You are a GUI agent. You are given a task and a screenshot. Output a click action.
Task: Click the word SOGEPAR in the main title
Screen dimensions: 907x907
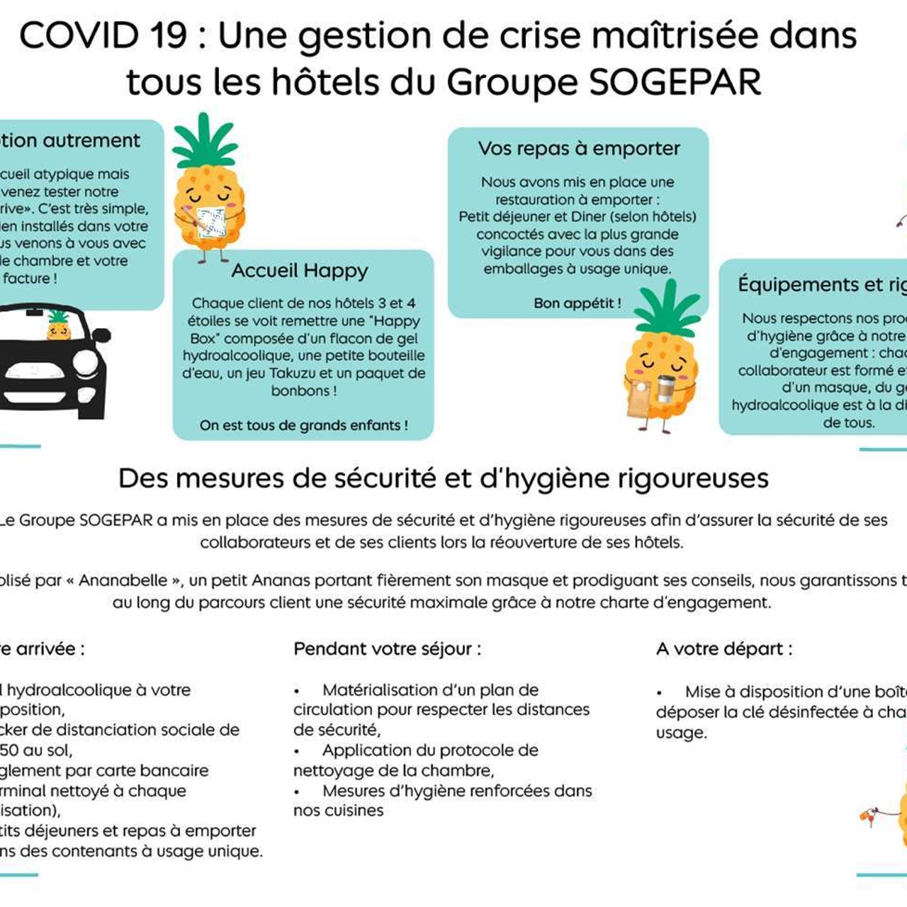click(675, 82)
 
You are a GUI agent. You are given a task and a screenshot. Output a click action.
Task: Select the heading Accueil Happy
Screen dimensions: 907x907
click(300, 271)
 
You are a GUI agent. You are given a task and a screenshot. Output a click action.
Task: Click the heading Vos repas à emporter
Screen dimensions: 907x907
click(578, 148)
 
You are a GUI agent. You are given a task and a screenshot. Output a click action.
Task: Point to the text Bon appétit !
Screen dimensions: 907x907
click(577, 303)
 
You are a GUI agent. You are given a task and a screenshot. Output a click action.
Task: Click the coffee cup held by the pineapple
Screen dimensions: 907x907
click(665, 389)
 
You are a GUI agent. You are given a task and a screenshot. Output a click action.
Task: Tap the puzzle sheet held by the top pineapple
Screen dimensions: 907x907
click(211, 221)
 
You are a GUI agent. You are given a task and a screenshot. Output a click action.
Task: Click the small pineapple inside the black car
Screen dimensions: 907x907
click(58, 325)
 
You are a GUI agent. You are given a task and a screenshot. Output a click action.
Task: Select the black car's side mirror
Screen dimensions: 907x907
click(101, 335)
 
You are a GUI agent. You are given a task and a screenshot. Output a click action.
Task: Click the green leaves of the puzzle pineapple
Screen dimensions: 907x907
click(205, 141)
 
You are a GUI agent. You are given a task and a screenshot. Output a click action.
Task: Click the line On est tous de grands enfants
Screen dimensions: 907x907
click(303, 426)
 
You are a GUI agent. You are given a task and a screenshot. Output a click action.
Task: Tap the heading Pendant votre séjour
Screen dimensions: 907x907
click(387, 649)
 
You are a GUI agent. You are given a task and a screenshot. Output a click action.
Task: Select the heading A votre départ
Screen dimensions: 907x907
click(724, 649)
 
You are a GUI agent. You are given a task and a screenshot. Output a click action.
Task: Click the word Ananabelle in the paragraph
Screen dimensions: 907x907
click(125, 581)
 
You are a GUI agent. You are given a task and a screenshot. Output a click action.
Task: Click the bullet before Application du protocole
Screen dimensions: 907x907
click(298, 751)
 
